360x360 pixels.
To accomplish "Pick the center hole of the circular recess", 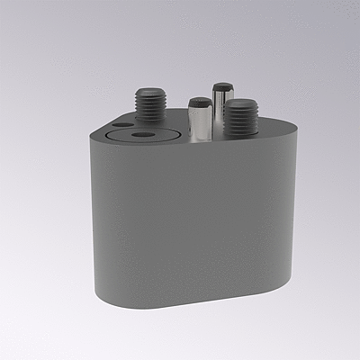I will coord(140,134).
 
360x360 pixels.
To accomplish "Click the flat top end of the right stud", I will coord(238,103).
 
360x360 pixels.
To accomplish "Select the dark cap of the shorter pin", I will coord(200,101).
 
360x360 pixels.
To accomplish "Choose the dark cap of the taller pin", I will coord(222,87).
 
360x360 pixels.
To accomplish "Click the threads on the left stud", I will coord(148,109).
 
